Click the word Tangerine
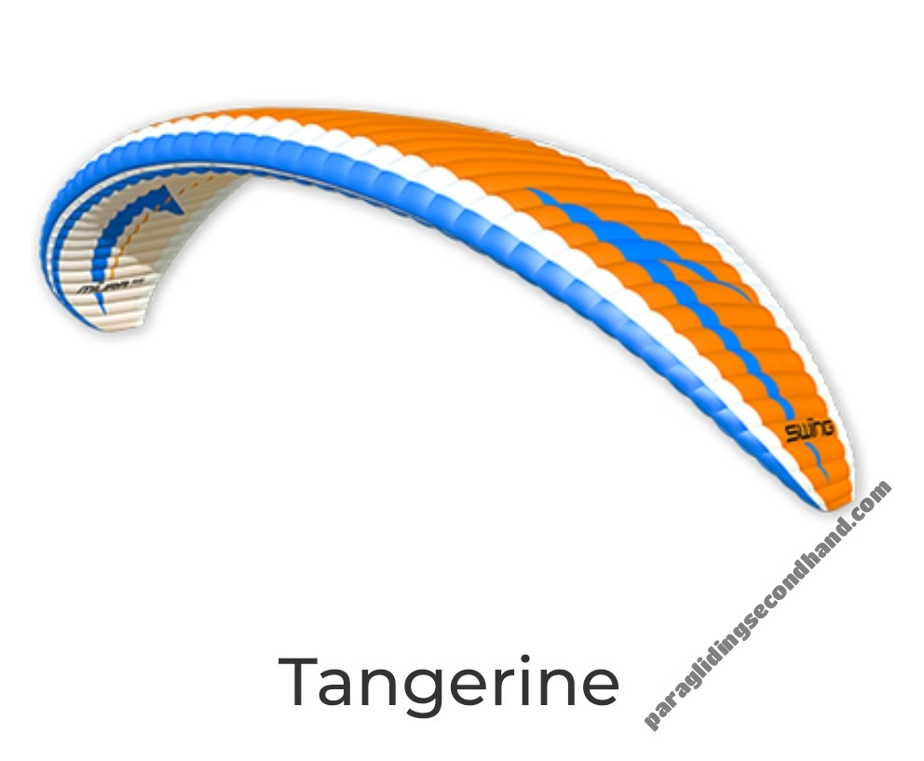point(449,683)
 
